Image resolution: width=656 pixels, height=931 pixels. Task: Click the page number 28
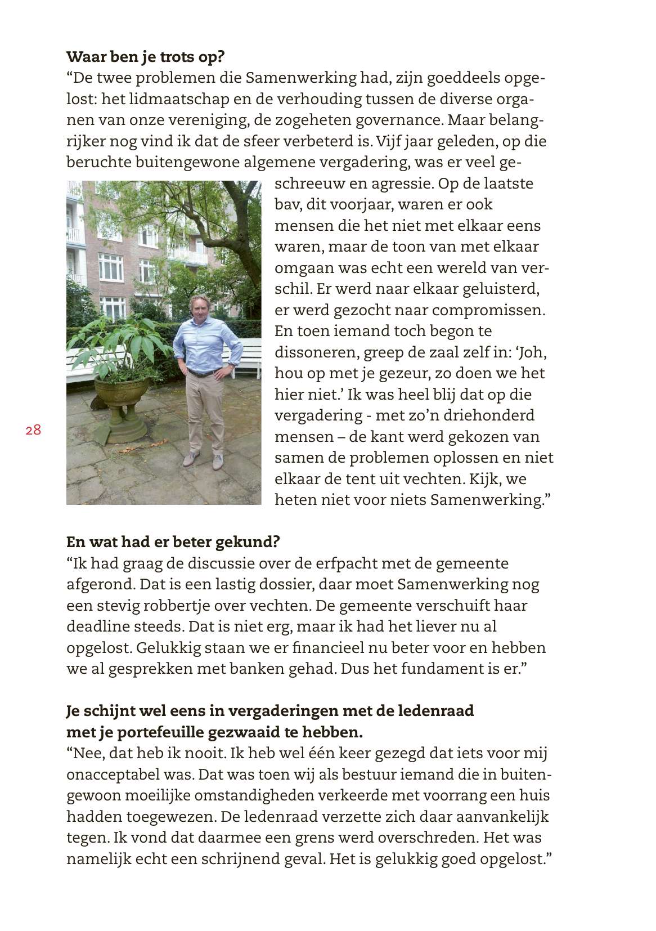33,430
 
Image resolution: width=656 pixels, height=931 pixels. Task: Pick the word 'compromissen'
481,310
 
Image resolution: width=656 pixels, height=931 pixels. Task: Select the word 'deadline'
96,626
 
